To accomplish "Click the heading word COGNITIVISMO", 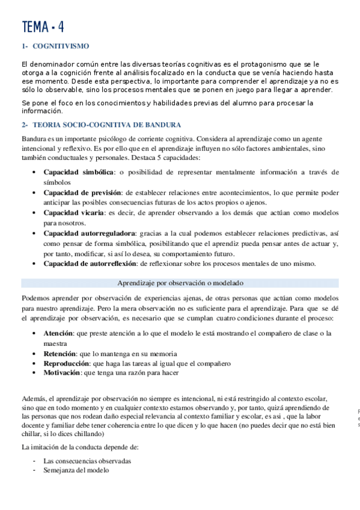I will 61,45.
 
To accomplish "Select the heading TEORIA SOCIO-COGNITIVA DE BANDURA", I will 107,125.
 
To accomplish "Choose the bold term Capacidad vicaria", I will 74,213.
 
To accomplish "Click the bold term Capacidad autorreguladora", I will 90,233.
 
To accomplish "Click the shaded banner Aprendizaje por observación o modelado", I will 180,283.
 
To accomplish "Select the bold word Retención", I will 59,354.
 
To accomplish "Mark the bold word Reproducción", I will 66,363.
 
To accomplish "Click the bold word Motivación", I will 61,373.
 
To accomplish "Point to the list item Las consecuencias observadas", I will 87,461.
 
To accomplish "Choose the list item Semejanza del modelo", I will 76,470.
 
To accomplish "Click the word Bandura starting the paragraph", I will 34,138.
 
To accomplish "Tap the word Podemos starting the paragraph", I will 35,298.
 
